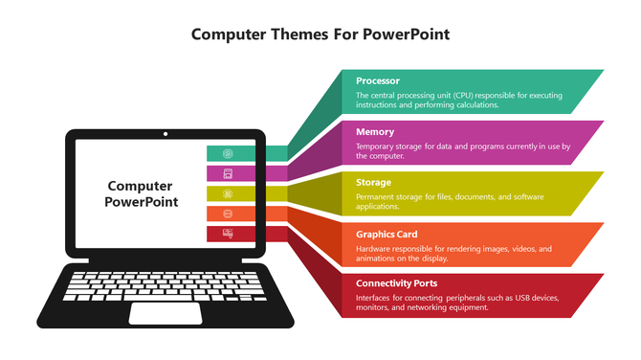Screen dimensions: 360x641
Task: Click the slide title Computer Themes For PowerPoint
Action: coord(320,34)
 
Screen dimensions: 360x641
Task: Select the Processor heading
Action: coord(378,81)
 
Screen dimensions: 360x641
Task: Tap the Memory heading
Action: coord(375,132)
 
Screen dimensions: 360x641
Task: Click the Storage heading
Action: coord(373,182)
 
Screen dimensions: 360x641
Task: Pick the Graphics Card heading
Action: coord(387,234)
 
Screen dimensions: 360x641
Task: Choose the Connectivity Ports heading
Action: coord(397,283)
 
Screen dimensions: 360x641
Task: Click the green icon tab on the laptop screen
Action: coord(228,153)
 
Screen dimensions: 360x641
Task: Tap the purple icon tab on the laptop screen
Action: coord(228,173)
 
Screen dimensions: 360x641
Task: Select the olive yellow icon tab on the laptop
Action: coord(228,193)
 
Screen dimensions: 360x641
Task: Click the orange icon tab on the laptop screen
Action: coord(228,214)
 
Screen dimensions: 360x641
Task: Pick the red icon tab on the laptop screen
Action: coord(228,234)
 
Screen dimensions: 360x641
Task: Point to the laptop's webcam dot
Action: coord(166,134)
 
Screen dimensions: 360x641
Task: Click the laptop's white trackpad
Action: coord(166,313)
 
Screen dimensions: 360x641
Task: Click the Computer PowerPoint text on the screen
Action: coord(141,194)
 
